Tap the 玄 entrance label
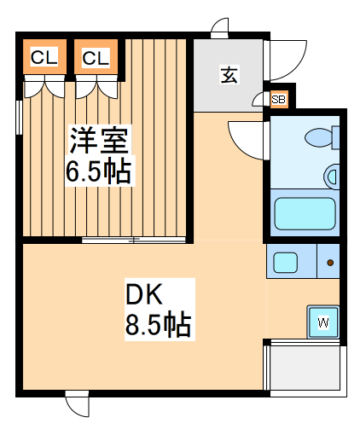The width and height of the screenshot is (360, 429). click(x=229, y=75)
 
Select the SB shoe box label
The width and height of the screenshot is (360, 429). click(x=278, y=100)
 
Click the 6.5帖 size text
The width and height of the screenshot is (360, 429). click(x=98, y=172)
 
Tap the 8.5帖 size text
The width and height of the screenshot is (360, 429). click(x=158, y=325)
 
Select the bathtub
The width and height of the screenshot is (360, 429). click(x=306, y=214)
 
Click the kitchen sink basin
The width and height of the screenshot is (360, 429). click(x=285, y=262)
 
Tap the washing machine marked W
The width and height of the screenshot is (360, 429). click(x=323, y=322)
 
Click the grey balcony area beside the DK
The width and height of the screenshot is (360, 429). click(x=306, y=370)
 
